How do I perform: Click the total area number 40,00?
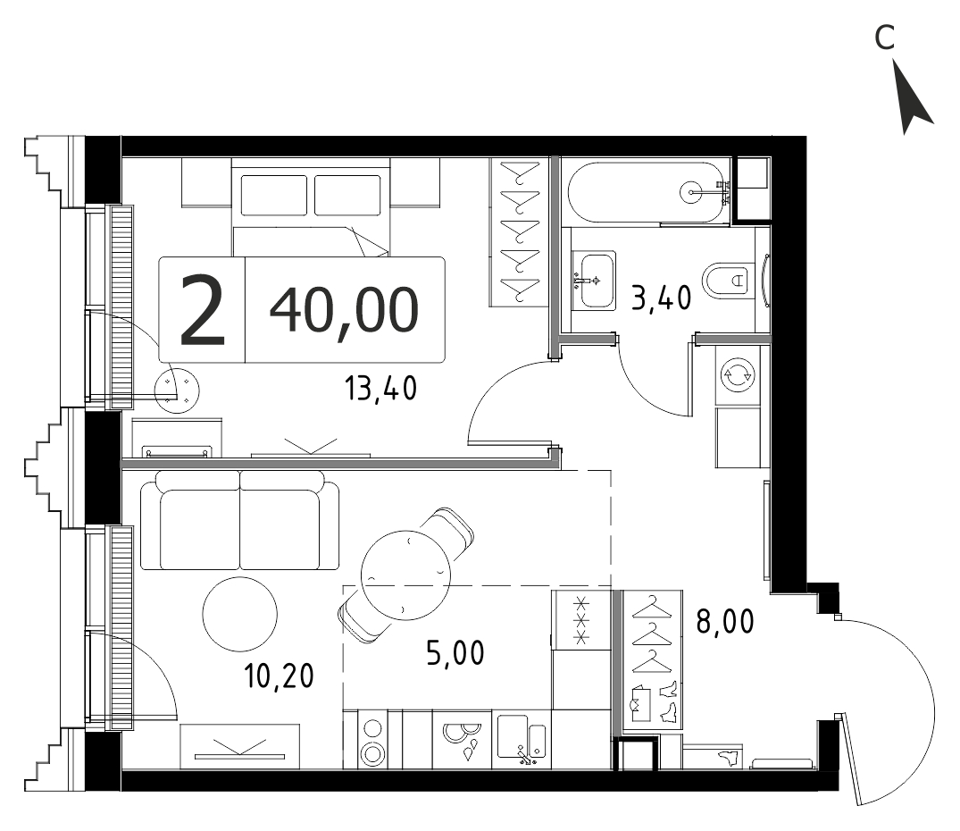click(344, 310)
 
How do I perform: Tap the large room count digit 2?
click(203, 310)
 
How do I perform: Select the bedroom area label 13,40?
click(380, 389)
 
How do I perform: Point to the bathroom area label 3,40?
click(661, 298)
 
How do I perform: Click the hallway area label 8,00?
click(725, 622)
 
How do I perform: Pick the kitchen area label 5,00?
click(455, 653)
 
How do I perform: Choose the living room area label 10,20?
click(279, 676)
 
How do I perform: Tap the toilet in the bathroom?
click(729, 281)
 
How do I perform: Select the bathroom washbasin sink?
click(594, 281)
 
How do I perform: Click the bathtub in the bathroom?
click(646, 192)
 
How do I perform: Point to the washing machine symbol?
click(737, 374)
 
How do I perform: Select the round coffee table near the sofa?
click(239, 614)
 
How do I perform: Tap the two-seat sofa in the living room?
click(239, 521)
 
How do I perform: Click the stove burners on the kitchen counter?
click(372, 740)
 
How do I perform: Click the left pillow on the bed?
click(273, 196)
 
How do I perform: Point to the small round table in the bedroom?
click(177, 390)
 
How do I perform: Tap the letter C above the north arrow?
click(884, 38)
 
